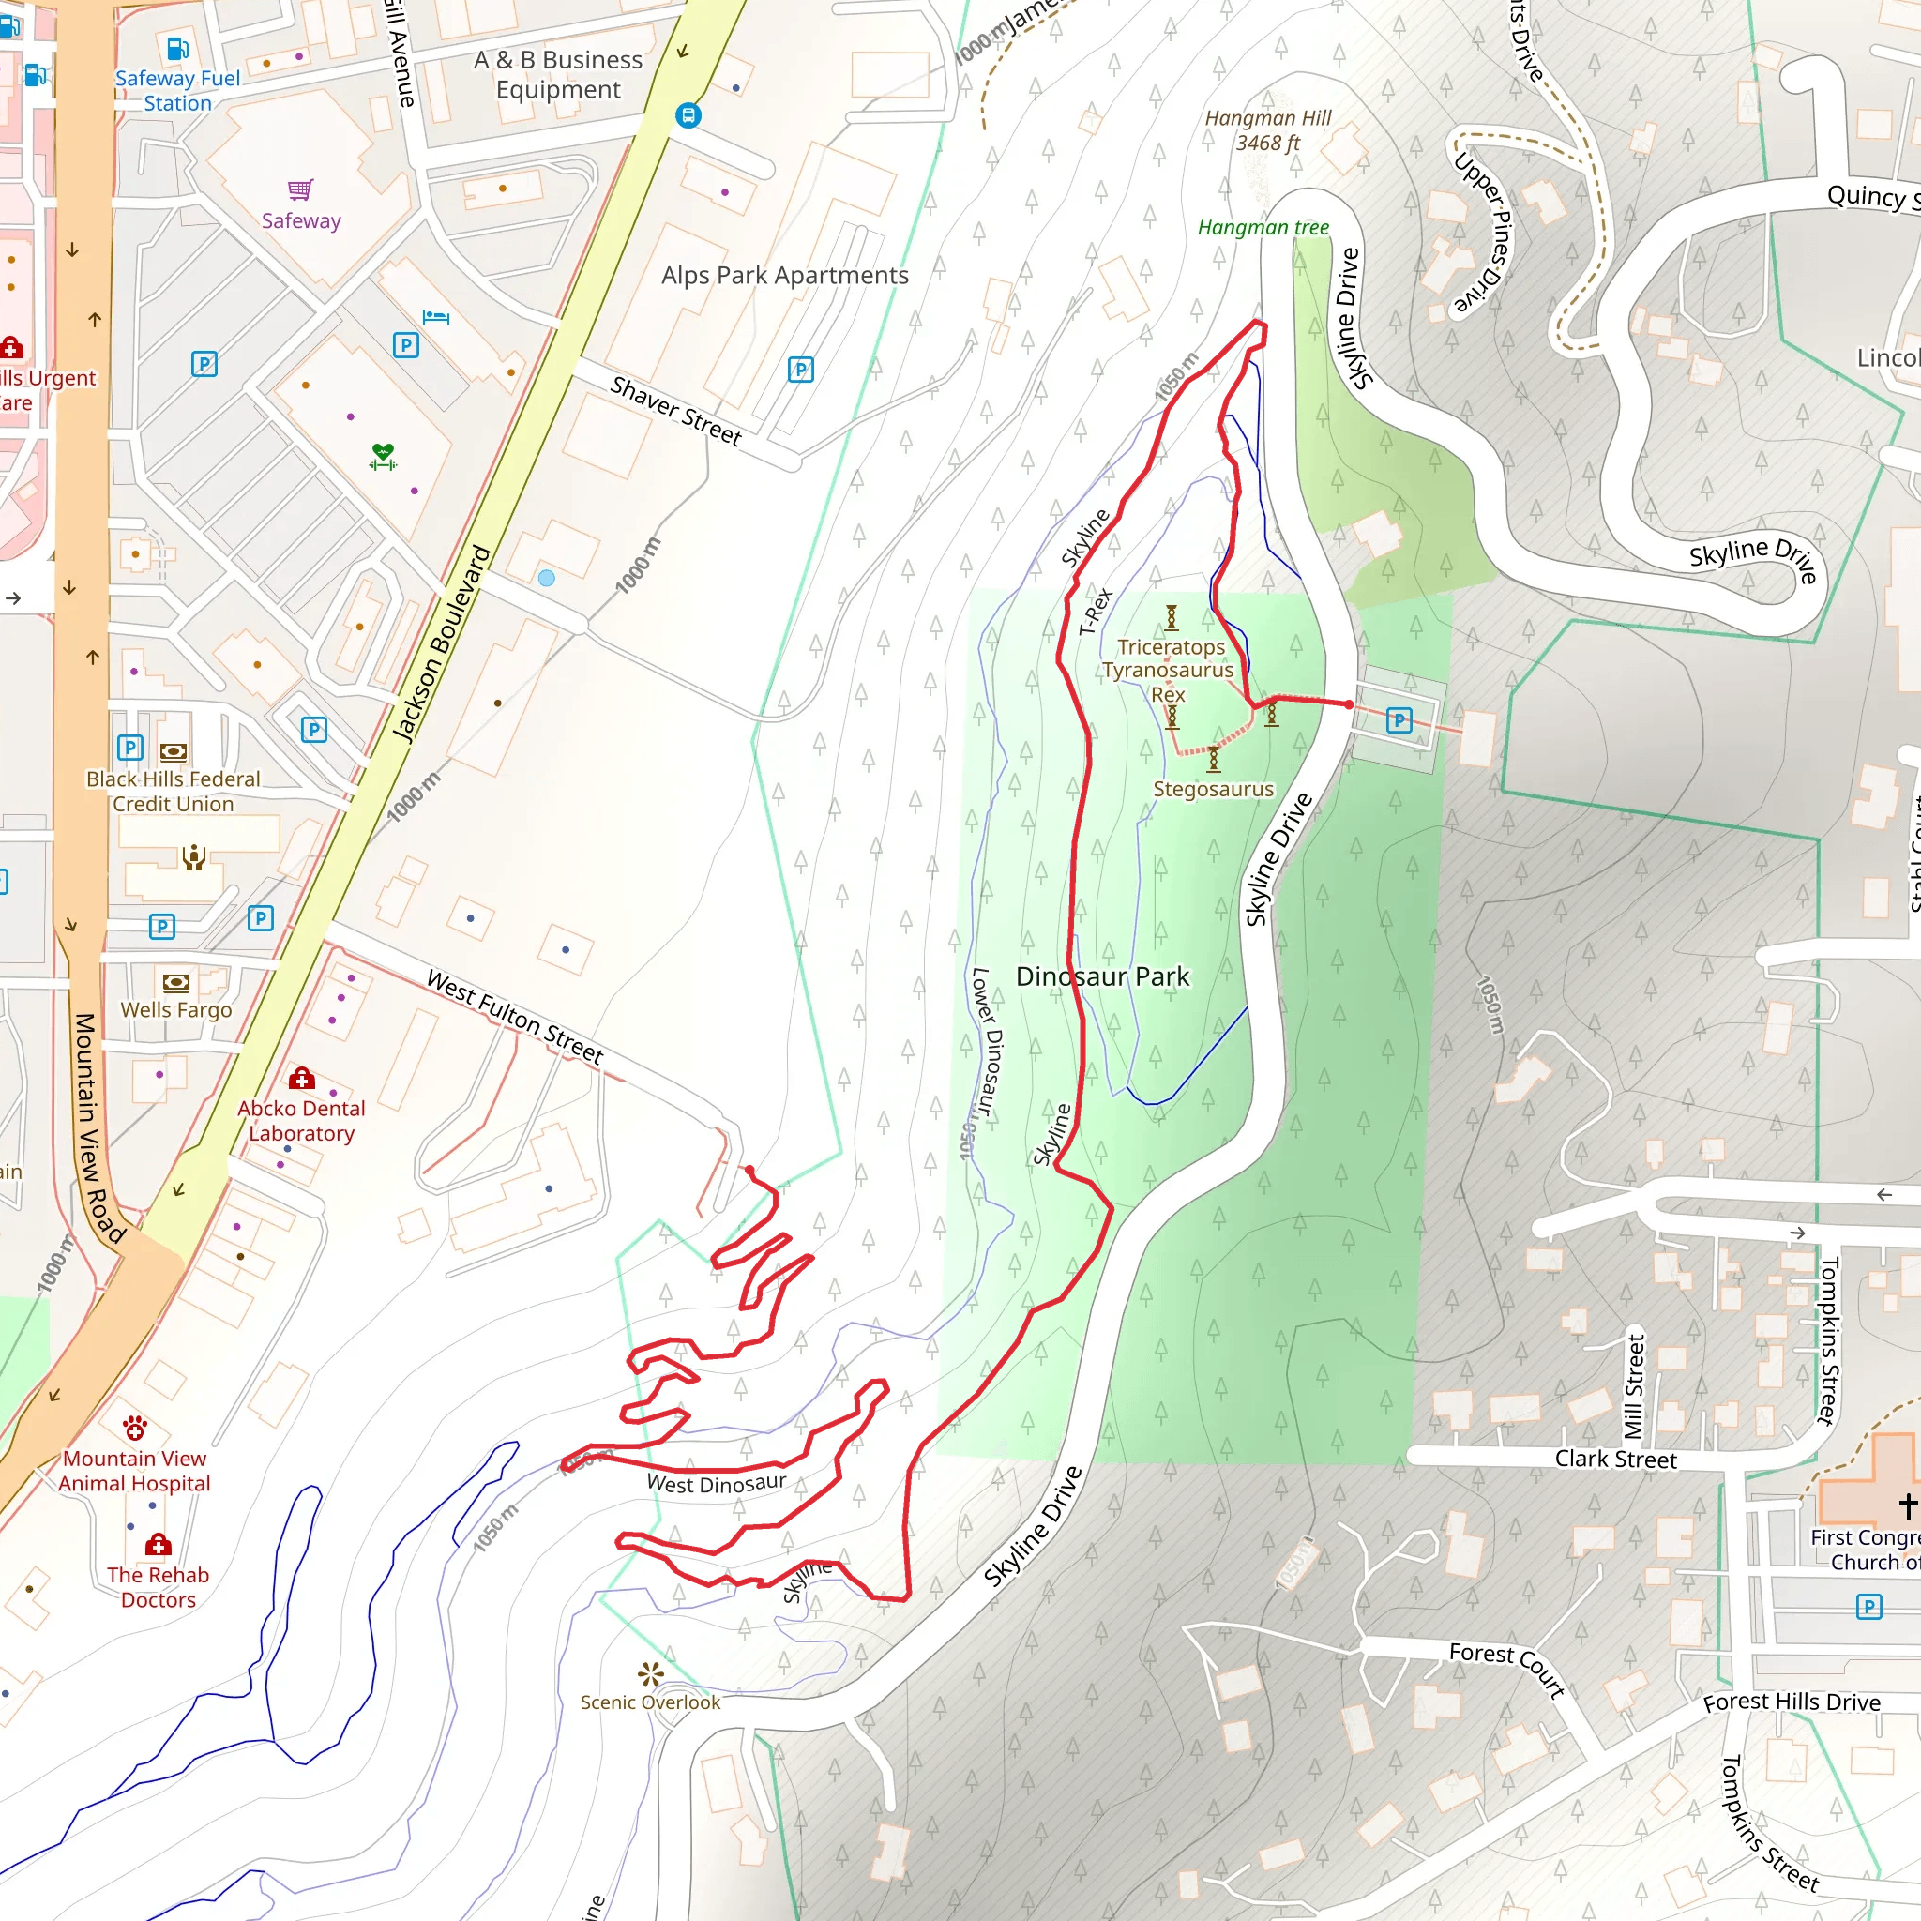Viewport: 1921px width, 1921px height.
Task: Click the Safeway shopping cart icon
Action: click(x=300, y=189)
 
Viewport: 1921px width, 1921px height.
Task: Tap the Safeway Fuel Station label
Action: click(x=177, y=90)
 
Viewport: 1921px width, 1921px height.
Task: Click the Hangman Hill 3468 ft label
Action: click(x=1268, y=130)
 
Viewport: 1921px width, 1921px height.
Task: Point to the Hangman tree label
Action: click(x=1263, y=228)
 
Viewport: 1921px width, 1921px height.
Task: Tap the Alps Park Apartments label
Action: click(x=784, y=276)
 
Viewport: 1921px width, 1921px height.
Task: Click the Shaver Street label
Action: click(x=676, y=411)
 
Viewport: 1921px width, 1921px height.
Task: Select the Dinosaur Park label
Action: click(x=1102, y=976)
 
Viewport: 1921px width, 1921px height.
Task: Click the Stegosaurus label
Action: click(x=1213, y=790)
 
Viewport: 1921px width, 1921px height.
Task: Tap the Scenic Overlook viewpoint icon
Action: click(x=651, y=1673)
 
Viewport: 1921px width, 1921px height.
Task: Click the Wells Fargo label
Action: click(x=176, y=1010)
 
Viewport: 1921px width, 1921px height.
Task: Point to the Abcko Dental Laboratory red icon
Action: click(x=302, y=1078)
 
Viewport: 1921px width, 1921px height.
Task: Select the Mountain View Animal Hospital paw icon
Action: click(x=135, y=1429)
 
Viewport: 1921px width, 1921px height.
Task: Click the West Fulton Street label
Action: click(x=514, y=1016)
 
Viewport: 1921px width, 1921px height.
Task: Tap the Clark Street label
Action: click(x=1615, y=1459)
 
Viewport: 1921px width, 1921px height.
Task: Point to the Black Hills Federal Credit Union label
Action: click(x=173, y=792)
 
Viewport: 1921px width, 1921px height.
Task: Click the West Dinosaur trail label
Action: click(x=716, y=1485)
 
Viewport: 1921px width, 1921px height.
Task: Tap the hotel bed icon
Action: click(x=436, y=317)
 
